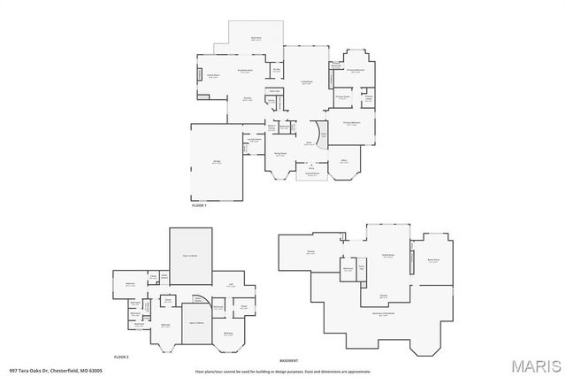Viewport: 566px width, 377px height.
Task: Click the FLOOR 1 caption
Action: (199, 205)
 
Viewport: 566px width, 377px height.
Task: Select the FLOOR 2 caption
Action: (122, 356)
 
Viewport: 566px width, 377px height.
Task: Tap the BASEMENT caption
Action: (288, 361)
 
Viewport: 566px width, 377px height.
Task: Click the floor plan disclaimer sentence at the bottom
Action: (283, 371)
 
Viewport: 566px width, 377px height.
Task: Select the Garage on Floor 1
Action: (216, 161)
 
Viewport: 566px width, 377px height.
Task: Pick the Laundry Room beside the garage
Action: (254, 140)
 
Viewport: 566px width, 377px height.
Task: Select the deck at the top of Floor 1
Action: (256, 38)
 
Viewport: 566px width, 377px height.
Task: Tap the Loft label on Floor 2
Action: (231, 284)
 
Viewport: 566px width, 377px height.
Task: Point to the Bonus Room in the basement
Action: (433, 261)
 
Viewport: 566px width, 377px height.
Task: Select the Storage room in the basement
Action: (310, 252)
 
